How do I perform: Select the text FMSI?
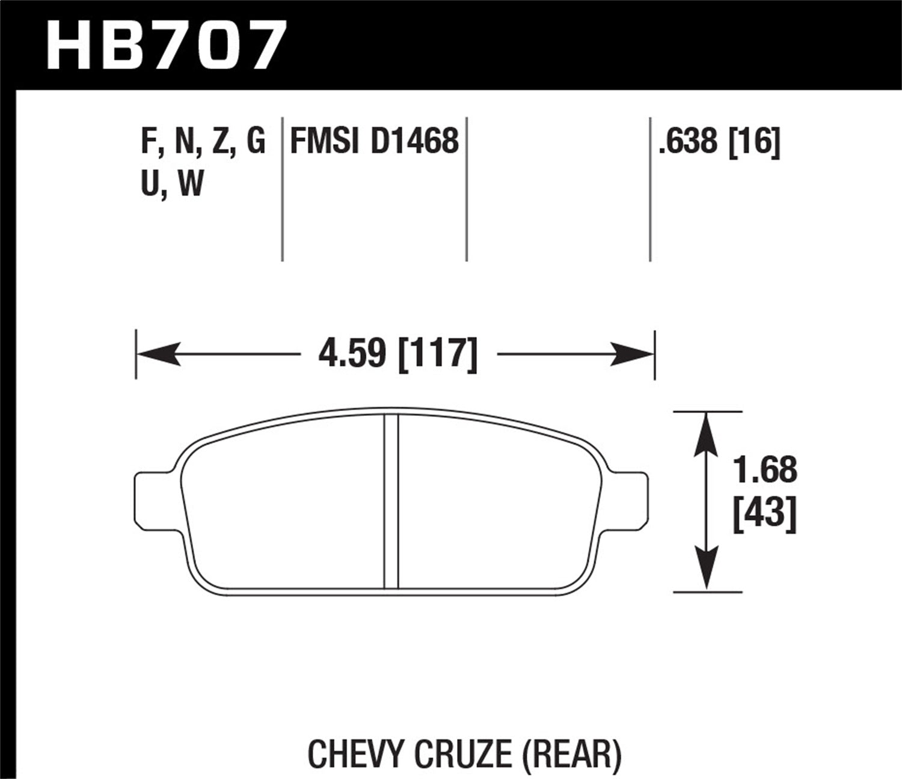coord(325,142)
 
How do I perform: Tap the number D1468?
coord(414,142)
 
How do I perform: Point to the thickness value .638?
coord(688,142)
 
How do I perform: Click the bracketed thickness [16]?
coord(754,142)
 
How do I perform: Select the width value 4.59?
coord(351,353)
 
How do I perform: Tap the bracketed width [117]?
coord(438,353)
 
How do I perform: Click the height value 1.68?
coord(765,470)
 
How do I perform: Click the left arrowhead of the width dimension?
coord(159,353)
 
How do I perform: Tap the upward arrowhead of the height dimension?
coord(707,433)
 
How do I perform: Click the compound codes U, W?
coord(172,184)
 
